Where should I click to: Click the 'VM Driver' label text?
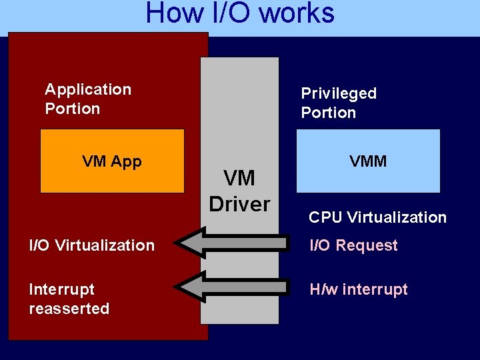tap(239, 191)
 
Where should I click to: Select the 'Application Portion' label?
tap(87, 99)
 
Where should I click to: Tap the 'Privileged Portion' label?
tap(339, 103)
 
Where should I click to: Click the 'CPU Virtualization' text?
tap(377, 217)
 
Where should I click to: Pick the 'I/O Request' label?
tap(353, 245)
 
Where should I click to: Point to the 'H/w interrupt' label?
tap(358, 289)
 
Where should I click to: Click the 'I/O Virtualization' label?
tap(91, 245)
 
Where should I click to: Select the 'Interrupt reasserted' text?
tap(69, 299)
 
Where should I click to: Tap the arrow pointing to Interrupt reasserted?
tap(233, 287)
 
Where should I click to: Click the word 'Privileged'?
tap(339, 93)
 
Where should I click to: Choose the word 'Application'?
tap(87, 89)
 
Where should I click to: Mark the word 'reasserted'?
tap(69, 309)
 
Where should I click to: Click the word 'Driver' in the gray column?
tap(239, 203)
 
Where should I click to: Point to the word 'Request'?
tap(367, 245)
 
